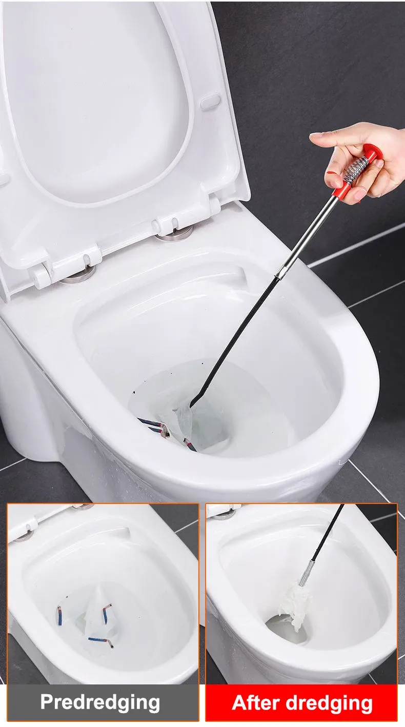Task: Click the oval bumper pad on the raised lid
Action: [x=210, y=102]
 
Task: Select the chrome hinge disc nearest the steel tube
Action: [x=174, y=235]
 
